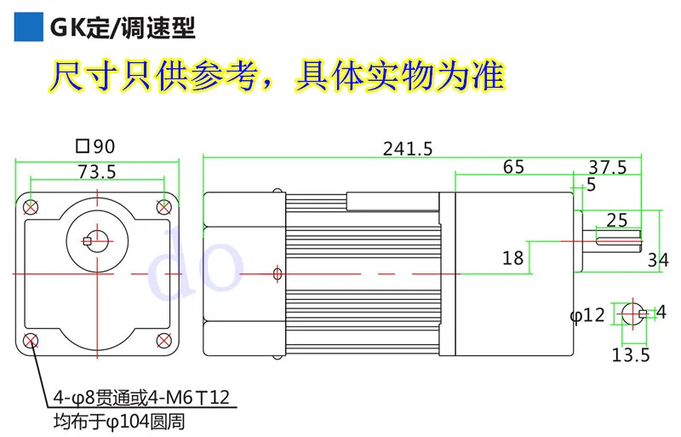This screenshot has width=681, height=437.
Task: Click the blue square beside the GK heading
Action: [x=29, y=27]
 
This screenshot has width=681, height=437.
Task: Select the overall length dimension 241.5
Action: [x=408, y=149]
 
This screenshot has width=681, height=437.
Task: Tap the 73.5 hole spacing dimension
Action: [x=97, y=172]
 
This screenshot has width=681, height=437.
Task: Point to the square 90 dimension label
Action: [x=95, y=147]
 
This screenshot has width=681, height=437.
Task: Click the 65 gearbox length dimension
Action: [x=513, y=167]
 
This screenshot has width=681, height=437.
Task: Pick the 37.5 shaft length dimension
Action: [x=608, y=168]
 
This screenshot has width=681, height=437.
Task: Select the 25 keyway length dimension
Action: [x=616, y=221]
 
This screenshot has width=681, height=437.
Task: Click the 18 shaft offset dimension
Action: [x=513, y=258]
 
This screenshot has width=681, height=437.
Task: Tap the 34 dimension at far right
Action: [x=658, y=260]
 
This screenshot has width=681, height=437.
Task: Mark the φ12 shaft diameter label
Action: [x=587, y=315]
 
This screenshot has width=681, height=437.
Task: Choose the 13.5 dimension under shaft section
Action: [x=631, y=355]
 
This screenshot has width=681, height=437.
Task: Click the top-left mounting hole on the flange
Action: [x=31, y=207]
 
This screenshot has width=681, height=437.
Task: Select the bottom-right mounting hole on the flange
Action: [x=163, y=341]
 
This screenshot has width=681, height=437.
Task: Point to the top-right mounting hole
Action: [x=163, y=207]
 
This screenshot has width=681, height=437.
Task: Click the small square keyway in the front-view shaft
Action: [x=88, y=241]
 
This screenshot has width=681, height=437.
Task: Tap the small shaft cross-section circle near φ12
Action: [x=633, y=313]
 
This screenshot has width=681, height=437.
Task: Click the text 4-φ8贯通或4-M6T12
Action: [x=141, y=398]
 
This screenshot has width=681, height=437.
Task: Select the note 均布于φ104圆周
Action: [x=119, y=422]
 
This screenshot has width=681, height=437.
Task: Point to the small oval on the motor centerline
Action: [x=278, y=273]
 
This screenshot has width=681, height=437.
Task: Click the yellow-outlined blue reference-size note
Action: [x=277, y=76]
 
